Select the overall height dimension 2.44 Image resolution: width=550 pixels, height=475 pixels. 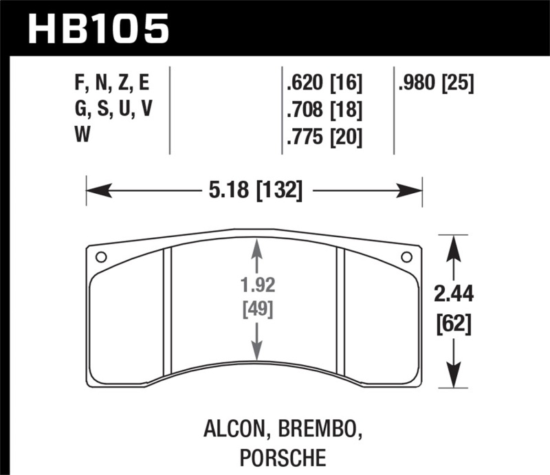pyautogui.click(x=454, y=295)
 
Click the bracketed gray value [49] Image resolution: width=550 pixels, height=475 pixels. pyautogui.click(x=257, y=309)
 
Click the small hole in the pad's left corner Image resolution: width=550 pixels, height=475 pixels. pyautogui.click(x=100, y=258)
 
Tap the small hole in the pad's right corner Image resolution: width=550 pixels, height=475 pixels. pyautogui.click(x=406, y=257)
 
